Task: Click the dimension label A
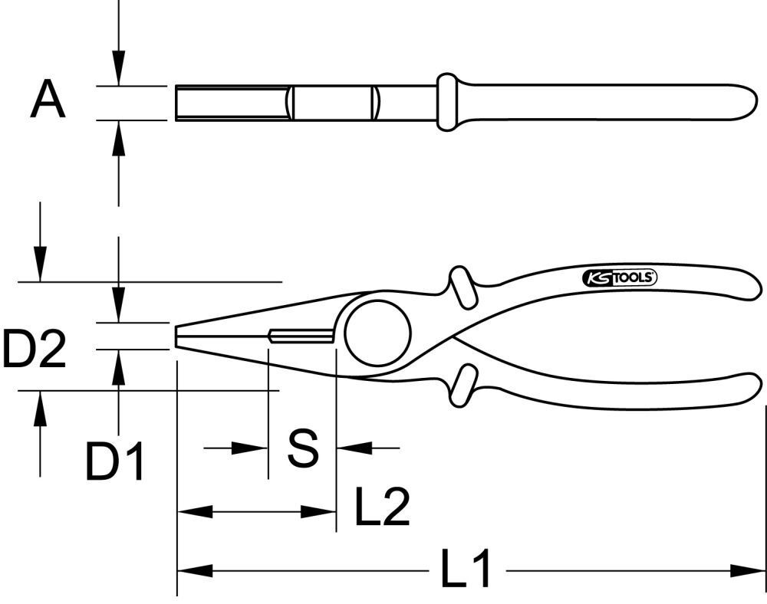(x=48, y=102)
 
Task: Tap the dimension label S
(x=302, y=448)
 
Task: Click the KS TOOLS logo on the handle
(x=620, y=277)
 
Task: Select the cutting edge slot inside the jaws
(x=301, y=336)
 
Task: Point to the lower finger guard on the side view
(x=463, y=384)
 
